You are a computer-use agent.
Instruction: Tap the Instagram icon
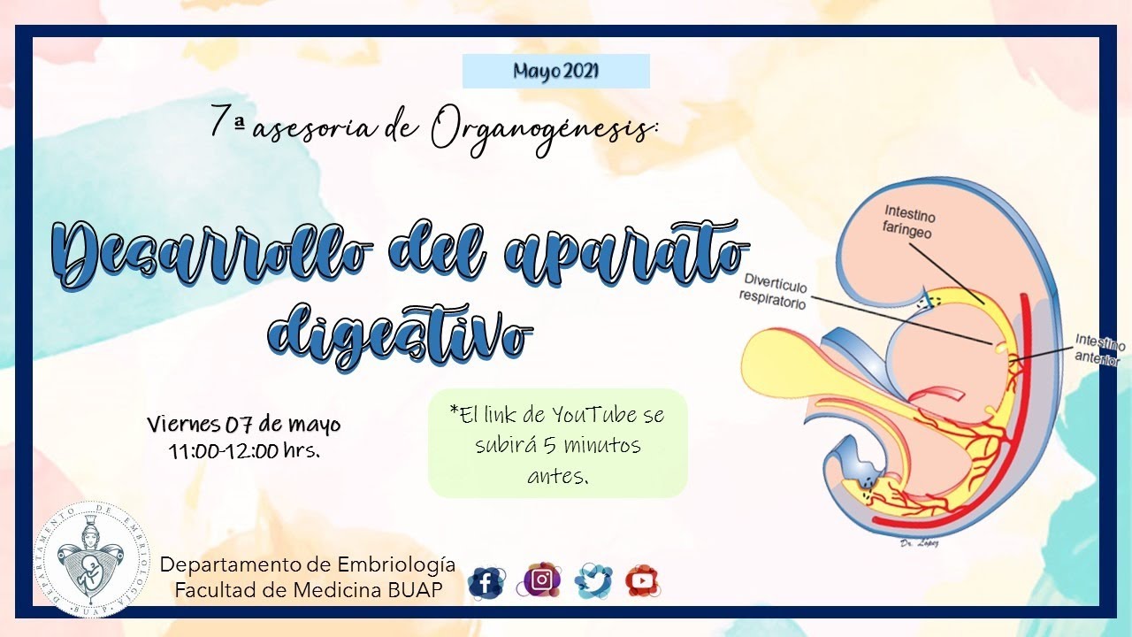tap(542, 580)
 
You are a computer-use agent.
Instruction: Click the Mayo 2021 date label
tap(555, 71)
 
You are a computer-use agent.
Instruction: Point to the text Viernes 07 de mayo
tap(243, 425)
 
